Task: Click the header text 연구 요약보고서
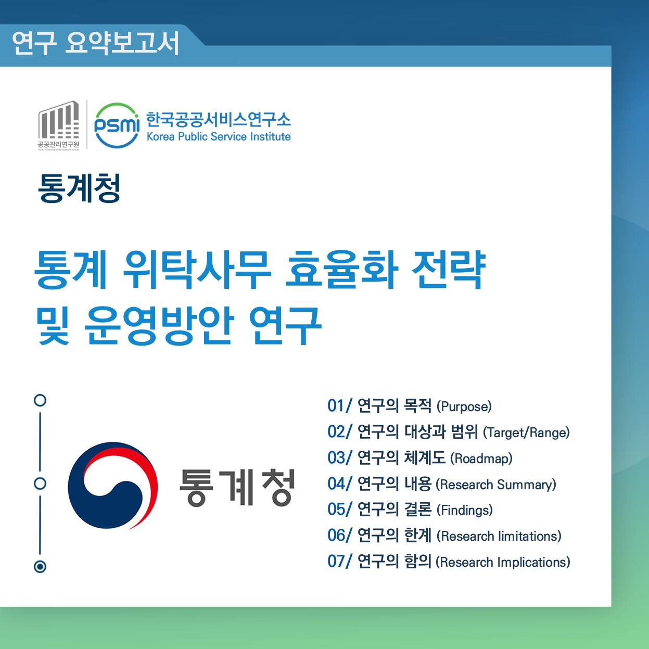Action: click(x=96, y=43)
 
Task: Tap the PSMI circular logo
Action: click(x=117, y=125)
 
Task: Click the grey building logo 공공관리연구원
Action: click(x=59, y=125)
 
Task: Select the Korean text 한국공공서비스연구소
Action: click(x=218, y=120)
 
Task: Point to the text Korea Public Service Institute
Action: click(x=219, y=137)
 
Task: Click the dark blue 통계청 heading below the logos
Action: click(x=79, y=188)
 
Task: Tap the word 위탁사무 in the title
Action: click(x=197, y=270)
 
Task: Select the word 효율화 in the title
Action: click(x=342, y=270)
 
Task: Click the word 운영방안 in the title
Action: click(x=159, y=325)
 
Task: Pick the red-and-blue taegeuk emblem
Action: click(x=112, y=486)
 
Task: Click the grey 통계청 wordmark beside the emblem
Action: click(x=237, y=487)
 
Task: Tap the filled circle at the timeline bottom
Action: click(x=40, y=567)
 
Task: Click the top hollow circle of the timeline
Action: click(x=40, y=400)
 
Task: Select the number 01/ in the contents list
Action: click(x=340, y=406)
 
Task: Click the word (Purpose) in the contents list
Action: click(x=464, y=406)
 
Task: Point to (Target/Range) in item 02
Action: click(x=526, y=432)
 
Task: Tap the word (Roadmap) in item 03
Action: click(x=481, y=459)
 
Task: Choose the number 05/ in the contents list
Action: click(x=340, y=510)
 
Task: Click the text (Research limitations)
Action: click(x=499, y=536)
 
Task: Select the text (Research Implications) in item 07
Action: click(x=503, y=562)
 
